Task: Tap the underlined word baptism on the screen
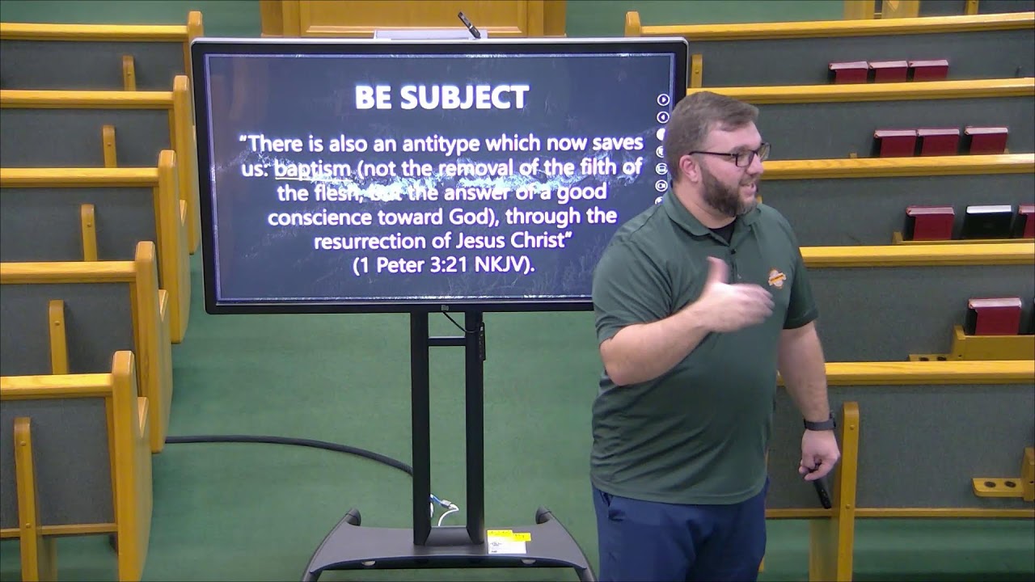312,169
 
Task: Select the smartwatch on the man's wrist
818,423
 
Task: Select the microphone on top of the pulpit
469,24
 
